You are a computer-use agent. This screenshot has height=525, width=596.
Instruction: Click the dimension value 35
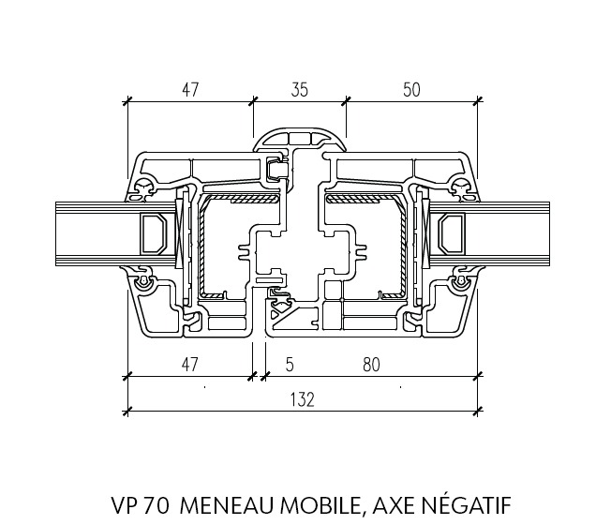(x=300, y=90)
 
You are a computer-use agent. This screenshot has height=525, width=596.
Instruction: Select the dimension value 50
(x=411, y=90)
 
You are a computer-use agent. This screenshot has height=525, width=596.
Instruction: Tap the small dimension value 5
(x=290, y=365)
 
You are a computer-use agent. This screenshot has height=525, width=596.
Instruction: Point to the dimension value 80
(x=371, y=365)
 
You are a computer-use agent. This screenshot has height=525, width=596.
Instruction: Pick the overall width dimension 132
(x=303, y=400)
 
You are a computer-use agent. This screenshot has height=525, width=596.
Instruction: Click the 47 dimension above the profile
(x=190, y=90)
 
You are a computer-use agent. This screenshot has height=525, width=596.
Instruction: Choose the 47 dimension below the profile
(x=189, y=365)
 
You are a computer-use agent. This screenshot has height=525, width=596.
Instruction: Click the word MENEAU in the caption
(x=228, y=505)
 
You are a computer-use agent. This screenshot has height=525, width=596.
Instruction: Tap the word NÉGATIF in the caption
(x=467, y=504)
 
